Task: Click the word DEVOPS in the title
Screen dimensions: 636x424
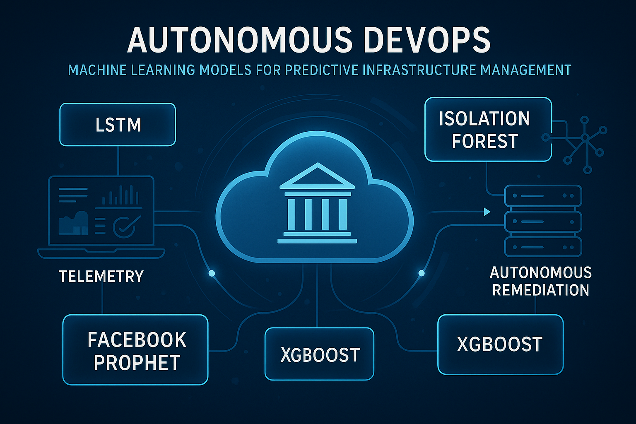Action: tap(426, 40)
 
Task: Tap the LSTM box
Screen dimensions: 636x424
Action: tap(118, 125)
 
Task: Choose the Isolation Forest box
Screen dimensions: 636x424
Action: tap(488, 130)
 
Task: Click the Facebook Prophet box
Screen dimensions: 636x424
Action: tap(135, 349)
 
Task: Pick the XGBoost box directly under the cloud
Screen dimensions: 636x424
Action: tap(319, 354)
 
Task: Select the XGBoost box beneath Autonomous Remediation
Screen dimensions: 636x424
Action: tap(500, 344)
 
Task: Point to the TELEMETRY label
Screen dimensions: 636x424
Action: tap(101, 276)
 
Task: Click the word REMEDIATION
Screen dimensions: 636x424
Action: tap(541, 290)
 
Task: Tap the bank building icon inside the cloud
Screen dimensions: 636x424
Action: tap(317, 203)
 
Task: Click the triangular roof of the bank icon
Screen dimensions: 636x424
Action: tap(317, 176)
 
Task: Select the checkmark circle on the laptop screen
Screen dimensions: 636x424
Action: tap(124, 227)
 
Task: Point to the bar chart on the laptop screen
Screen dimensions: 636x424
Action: tap(120, 195)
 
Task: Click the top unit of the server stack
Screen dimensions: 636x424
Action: tap(543, 196)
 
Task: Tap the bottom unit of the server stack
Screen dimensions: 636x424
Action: tap(543, 247)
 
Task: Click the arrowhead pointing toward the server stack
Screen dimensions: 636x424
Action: tap(487, 212)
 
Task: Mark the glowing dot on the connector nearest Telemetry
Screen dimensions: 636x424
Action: tap(212, 273)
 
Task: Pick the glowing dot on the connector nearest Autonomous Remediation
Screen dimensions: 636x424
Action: tap(422, 273)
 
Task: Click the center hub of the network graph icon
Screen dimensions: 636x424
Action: tap(584, 138)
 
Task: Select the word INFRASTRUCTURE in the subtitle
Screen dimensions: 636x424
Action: tap(419, 70)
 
